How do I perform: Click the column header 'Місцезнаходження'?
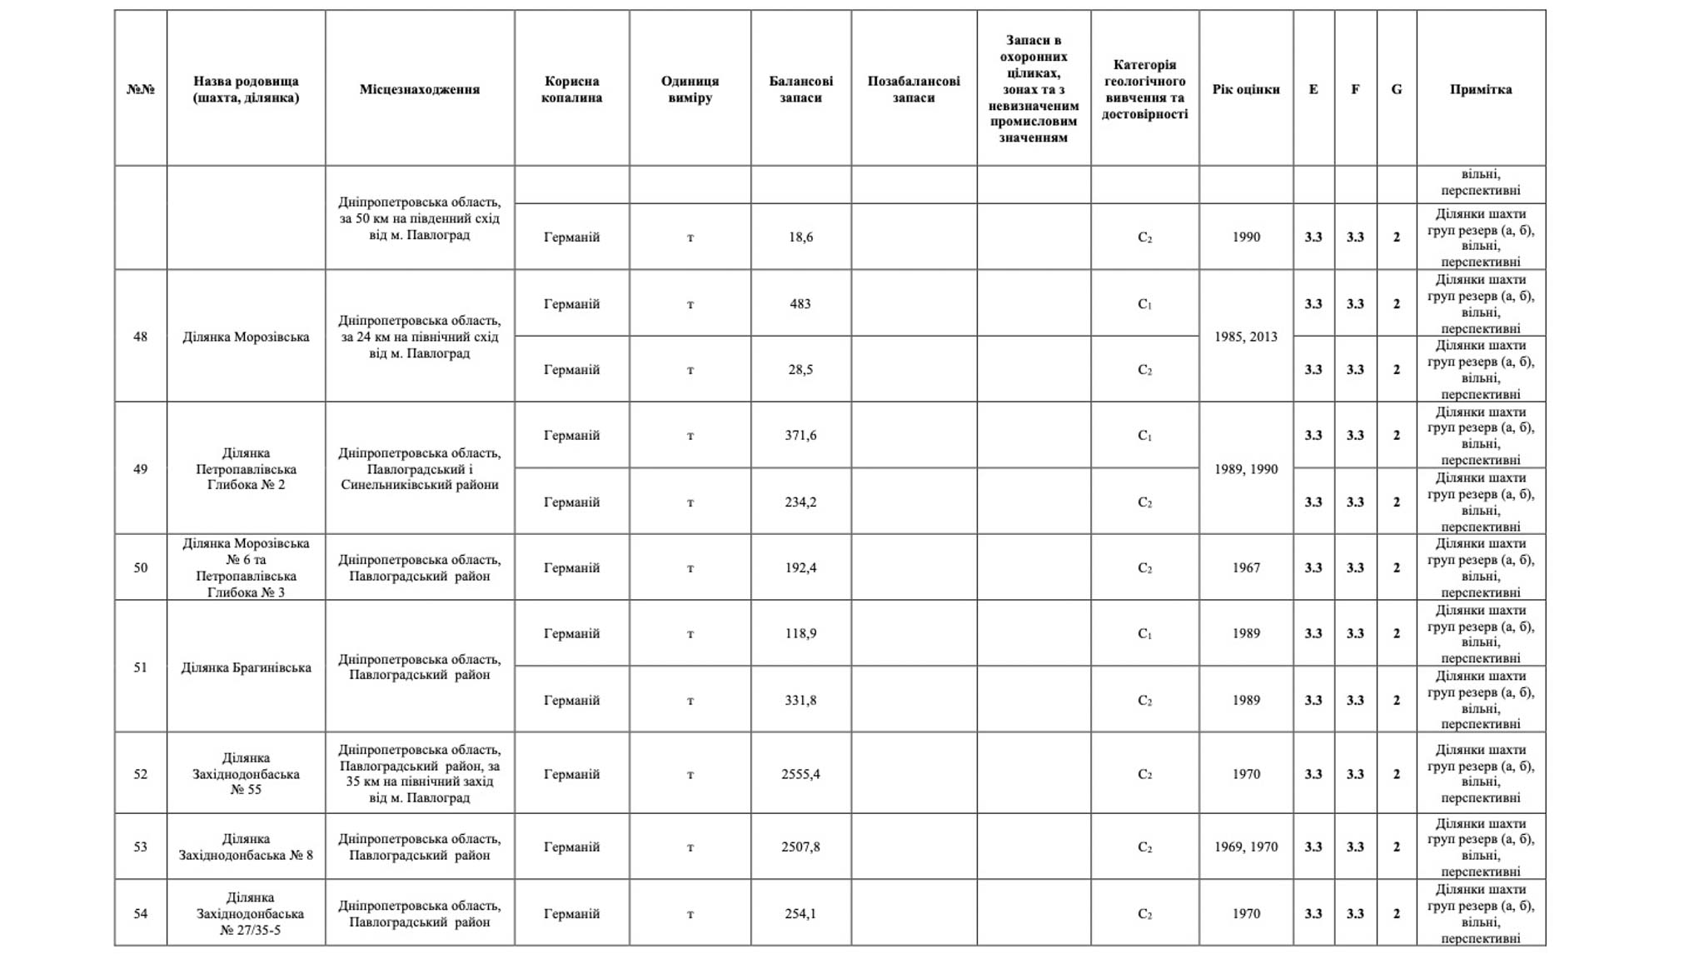tap(419, 89)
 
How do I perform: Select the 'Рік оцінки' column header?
tap(1245, 89)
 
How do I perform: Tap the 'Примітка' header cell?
tap(1480, 89)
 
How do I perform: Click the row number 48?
tap(140, 337)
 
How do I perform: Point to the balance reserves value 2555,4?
tap(800, 774)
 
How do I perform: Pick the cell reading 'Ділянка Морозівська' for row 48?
tap(246, 337)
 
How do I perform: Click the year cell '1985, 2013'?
tap(1245, 337)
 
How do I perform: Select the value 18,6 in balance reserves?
tap(800, 237)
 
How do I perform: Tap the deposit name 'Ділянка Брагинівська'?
tap(246, 667)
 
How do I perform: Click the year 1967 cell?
tap(1245, 567)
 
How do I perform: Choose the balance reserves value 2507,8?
tap(800, 847)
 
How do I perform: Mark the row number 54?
tap(140, 913)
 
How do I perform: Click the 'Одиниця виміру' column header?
tap(690, 89)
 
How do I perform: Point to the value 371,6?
tap(800, 436)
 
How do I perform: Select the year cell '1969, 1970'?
tap(1245, 847)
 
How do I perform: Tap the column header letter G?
tap(1396, 89)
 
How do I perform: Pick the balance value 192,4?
tap(800, 567)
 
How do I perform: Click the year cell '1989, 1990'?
tap(1245, 469)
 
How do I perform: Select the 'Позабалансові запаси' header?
tap(913, 89)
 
